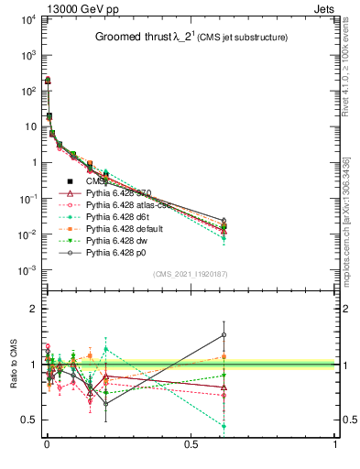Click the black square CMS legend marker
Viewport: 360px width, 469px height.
[70, 181]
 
